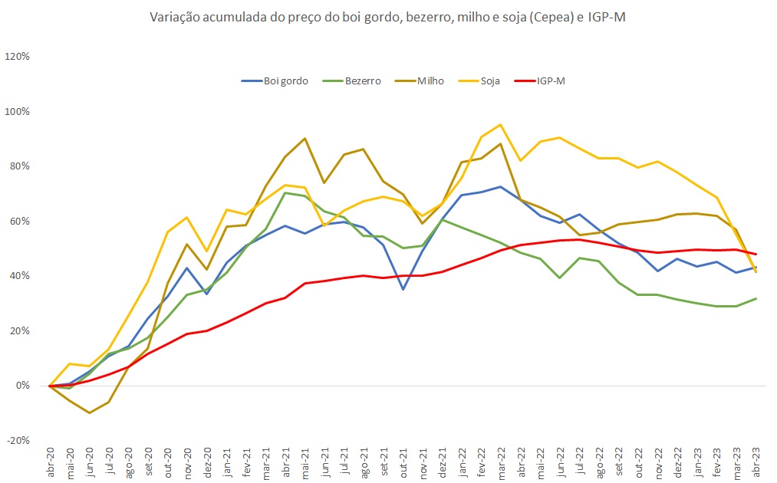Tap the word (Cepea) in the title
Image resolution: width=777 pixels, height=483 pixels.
pyautogui.click(x=558, y=18)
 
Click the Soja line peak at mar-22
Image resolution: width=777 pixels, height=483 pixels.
pyautogui.click(x=501, y=124)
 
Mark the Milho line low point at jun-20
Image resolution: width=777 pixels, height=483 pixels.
pyautogui.click(x=90, y=412)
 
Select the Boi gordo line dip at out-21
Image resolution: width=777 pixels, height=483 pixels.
pyautogui.click(x=403, y=289)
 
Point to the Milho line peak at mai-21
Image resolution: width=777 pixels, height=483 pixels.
pyautogui.click(x=305, y=139)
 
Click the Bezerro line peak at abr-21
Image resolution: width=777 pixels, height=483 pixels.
pyautogui.click(x=285, y=192)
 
